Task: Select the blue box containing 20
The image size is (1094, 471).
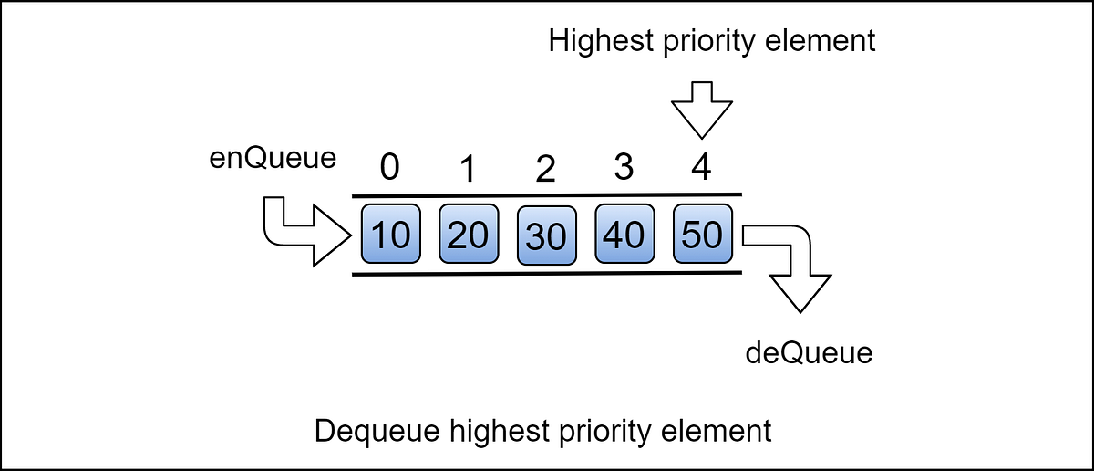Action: (468, 235)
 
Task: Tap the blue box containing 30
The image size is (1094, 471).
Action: (546, 236)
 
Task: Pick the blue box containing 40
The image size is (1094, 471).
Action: (624, 235)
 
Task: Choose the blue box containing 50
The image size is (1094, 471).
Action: (701, 235)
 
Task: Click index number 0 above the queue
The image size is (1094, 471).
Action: (390, 170)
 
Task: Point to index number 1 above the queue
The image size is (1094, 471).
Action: (469, 170)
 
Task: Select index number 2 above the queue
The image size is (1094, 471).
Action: (546, 171)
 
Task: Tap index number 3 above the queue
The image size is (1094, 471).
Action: (624, 170)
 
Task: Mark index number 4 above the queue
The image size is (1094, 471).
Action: (700, 170)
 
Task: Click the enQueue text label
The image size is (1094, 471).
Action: (273, 158)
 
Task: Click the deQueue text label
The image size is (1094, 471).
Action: (809, 351)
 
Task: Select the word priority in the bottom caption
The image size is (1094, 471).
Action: (611, 430)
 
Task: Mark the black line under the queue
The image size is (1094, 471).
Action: (547, 273)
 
